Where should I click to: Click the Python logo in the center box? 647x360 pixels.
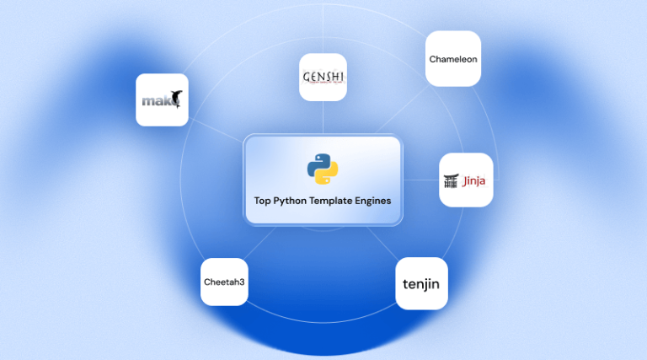(323, 169)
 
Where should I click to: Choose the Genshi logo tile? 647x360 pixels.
(323, 78)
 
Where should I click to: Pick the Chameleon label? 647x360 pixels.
(453, 59)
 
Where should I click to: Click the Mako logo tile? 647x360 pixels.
(162, 99)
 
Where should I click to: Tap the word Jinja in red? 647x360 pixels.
(474, 180)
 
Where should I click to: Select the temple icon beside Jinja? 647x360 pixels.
(452, 180)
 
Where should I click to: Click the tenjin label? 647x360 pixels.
(421, 283)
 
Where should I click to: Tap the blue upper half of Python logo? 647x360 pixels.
(318, 162)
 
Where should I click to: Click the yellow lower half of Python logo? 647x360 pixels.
(328, 175)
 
